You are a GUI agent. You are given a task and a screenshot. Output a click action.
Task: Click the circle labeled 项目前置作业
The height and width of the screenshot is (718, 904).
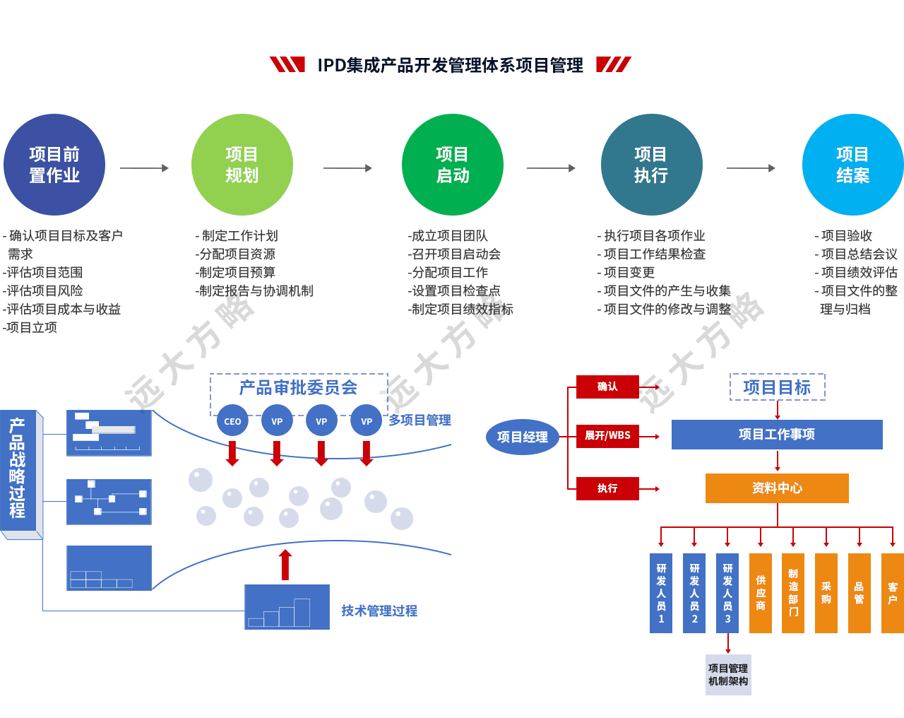pyautogui.click(x=54, y=165)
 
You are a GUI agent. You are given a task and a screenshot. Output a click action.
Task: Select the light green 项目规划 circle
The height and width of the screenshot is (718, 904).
pyautogui.click(x=242, y=165)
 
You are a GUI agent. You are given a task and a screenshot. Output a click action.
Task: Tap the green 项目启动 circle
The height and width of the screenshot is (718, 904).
pyautogui.click(x=452, y=165)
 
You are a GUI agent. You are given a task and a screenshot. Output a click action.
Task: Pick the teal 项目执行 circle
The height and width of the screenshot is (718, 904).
pyautogui.click(x=651, y=165)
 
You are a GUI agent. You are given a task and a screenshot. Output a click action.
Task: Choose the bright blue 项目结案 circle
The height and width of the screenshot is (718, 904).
pyautogui.click(x=852, y=165)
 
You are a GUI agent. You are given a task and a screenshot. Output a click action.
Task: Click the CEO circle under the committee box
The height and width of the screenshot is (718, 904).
pyautogui.click(x=232, y=421)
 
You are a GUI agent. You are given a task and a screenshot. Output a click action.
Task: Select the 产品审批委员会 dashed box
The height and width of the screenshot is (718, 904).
pyautogui.click(x=299, y=389)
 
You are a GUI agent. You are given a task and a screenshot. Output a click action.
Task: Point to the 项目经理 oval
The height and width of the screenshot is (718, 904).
pyautogui.click(x=522, y=437)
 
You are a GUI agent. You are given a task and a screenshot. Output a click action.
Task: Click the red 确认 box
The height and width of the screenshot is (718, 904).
pyautogui.click(x=607, y=387)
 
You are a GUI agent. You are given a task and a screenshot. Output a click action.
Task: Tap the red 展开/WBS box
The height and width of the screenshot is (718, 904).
pyautogui.click(x=607, y=435)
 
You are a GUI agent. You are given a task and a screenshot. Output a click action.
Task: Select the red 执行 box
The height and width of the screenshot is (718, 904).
pyautogui.click(x=607, y=488)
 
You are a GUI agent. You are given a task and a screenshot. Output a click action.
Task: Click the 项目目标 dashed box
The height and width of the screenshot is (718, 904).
pyautogui.click(x=777, y=387)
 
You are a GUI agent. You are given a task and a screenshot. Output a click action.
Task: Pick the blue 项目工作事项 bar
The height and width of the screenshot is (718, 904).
pyautogui.click(x=777, y=435)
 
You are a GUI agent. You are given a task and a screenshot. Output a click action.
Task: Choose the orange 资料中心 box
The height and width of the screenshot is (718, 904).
pyautogui.click(x=777, y=488)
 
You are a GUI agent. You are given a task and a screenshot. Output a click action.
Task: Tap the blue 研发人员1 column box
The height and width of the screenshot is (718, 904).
pyautogui.click(x=661, y=593)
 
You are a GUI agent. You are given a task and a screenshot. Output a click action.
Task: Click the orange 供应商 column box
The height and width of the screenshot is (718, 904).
pyautogui.click(x=761, y=593)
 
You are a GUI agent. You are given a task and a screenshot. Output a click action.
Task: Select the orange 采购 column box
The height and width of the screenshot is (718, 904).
pyautogui.click(x=826, y=593)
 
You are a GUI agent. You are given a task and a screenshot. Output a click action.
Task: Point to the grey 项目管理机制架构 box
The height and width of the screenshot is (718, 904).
pyautogui.click(x=728, y=675)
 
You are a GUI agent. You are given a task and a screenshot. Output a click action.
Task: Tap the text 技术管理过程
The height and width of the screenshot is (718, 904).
pyautogui.click(x=379, y=611)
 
